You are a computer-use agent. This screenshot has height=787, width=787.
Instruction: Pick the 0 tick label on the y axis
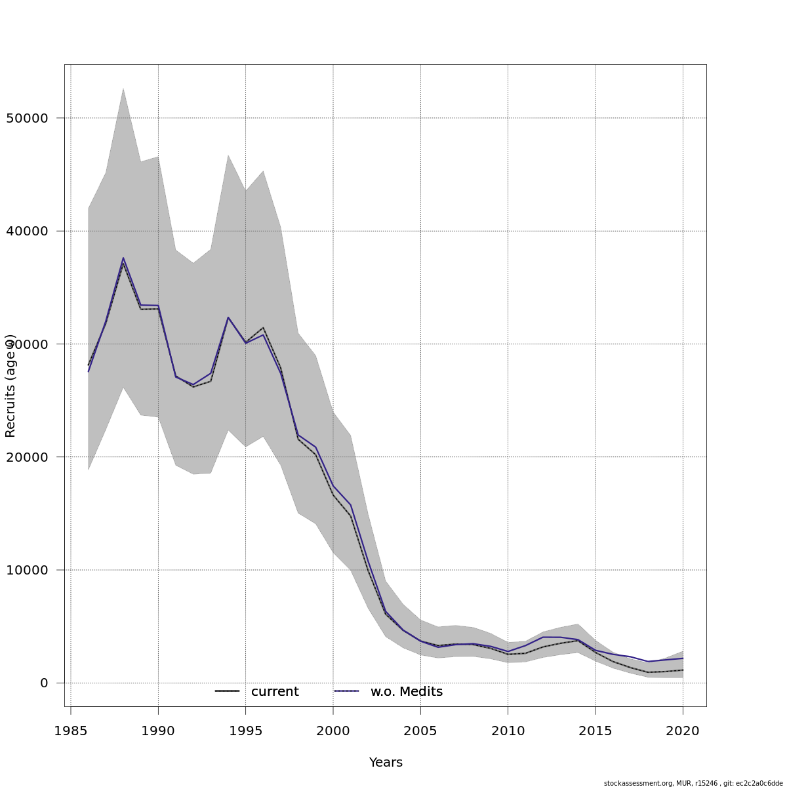pyautogui.click(x=44, y=683)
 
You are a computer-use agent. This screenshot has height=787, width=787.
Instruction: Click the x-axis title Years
pyautogui.click(x=386, y=763)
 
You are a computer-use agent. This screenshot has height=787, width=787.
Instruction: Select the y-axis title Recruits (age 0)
pyautogui.click(x=10, y=386)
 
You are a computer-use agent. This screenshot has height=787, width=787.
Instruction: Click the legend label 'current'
pyautogui.click(x=275, y=692)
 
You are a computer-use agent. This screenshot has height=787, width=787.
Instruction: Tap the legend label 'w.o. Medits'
pyautogui.click(x=407, y=692)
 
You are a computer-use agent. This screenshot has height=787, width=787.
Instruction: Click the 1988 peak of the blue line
pyautogui.click(x=123, y=258)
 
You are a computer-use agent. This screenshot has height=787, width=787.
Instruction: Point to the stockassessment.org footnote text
pyautogui.click(x=693, y=783)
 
